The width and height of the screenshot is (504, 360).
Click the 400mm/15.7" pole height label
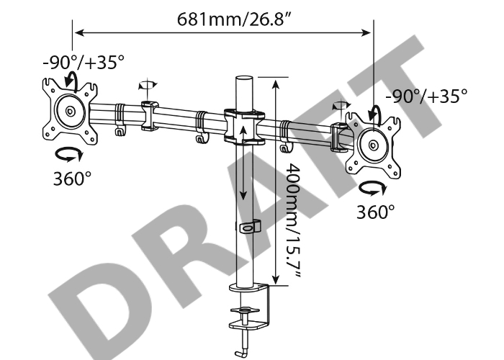click(293, 222)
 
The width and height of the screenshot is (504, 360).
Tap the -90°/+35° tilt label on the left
click(84, 62)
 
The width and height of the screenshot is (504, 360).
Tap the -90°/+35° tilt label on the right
click(426, 96)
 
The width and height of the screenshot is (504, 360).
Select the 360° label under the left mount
click(72, 179)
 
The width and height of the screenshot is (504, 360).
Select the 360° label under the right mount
click(375, 212)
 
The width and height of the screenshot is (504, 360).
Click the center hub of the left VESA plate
click(70, 112)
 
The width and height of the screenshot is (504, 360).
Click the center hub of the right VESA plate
click(373, 145)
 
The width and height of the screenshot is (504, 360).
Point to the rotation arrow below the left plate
click(69, 154)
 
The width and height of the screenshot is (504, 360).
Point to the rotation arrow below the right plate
click(372, 189)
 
